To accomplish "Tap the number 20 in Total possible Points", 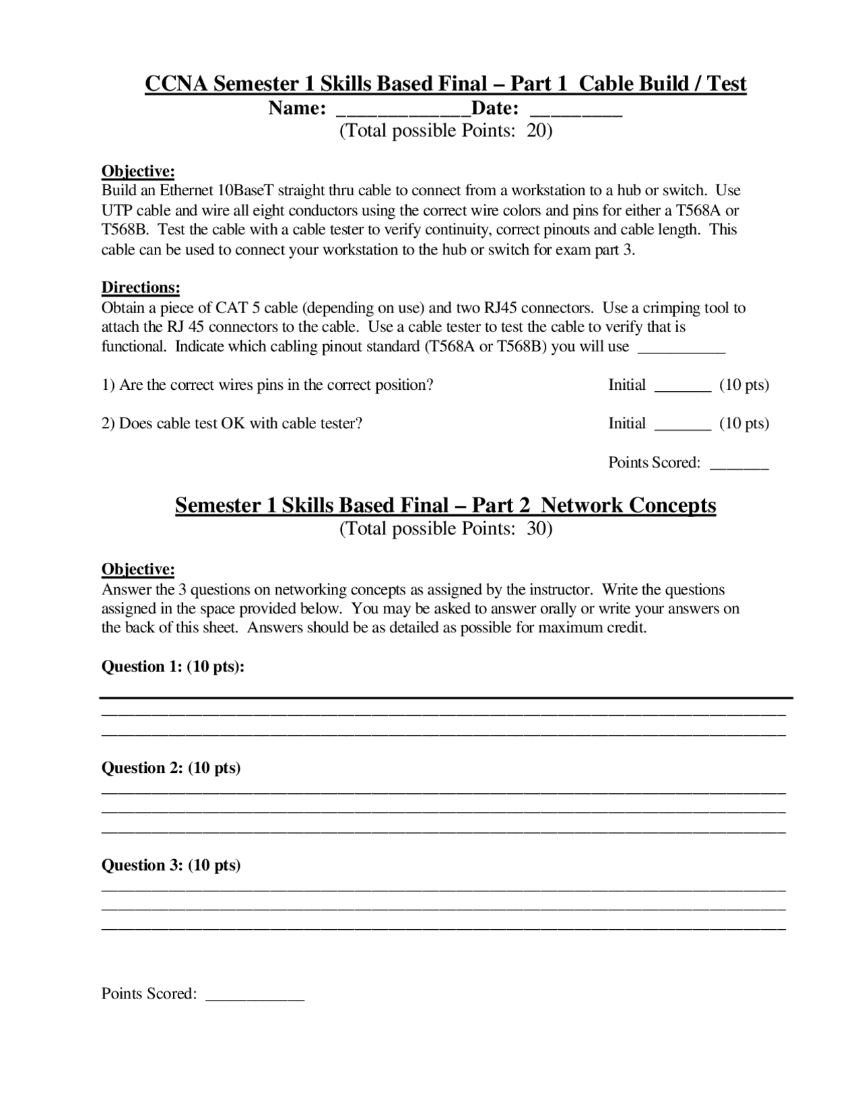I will coord(536,131).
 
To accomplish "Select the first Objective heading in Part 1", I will coord(138,171).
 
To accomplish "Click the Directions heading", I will coord(141,288).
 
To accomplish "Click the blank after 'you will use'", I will coord(681,349).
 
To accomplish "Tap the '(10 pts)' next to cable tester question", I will coord(744,424).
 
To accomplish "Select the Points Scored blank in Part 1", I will coord(739,465).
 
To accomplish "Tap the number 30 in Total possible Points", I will coord(536,529).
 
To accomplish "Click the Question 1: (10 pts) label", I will coord(172,667).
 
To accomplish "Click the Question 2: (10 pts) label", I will coord(171,768).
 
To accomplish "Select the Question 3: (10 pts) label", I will coord(171,865).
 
